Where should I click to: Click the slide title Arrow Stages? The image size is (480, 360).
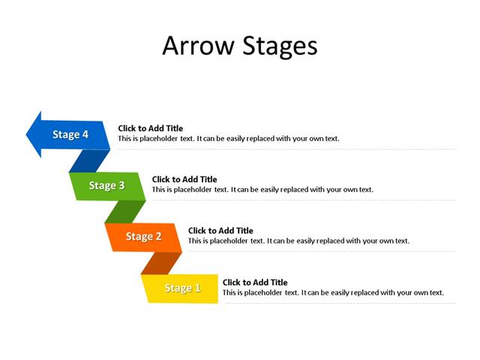239,46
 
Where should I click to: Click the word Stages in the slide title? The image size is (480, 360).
280,47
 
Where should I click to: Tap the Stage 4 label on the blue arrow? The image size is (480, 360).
70,134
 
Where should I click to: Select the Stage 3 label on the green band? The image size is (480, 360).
106,185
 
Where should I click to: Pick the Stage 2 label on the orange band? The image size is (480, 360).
143,236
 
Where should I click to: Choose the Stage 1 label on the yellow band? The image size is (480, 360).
182,288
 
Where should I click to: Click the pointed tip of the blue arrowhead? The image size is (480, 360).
28,134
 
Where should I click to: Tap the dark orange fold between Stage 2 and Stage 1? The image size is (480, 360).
161,262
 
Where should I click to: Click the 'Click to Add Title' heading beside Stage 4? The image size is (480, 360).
150,128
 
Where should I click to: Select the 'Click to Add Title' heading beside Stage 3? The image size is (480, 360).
184,179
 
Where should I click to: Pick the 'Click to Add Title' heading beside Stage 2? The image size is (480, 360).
220,230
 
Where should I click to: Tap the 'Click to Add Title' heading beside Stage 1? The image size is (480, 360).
255,282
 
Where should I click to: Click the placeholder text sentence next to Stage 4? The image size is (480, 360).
229,139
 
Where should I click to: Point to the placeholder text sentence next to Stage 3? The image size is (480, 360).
262,190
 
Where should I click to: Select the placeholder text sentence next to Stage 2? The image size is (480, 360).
298,241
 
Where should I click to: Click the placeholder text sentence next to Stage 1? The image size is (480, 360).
333,292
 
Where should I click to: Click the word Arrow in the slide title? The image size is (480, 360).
199,46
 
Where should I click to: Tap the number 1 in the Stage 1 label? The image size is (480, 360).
198,288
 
